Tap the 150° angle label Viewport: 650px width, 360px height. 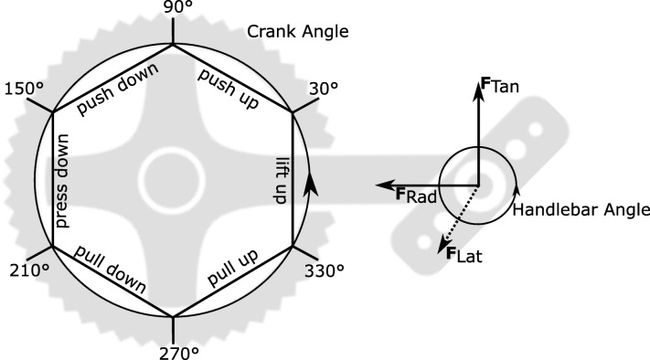coord(25,89)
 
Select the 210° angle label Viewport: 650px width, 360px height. coord(29,270)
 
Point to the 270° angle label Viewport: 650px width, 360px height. coord(179,353)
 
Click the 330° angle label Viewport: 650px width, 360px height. coord(325,271)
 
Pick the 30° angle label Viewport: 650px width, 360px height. coord(323,89)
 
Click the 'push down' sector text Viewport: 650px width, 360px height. coord(118,89)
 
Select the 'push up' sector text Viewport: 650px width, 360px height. coord(229,89)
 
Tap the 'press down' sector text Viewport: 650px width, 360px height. coord(62,181)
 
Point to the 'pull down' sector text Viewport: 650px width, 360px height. coord(111,270)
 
